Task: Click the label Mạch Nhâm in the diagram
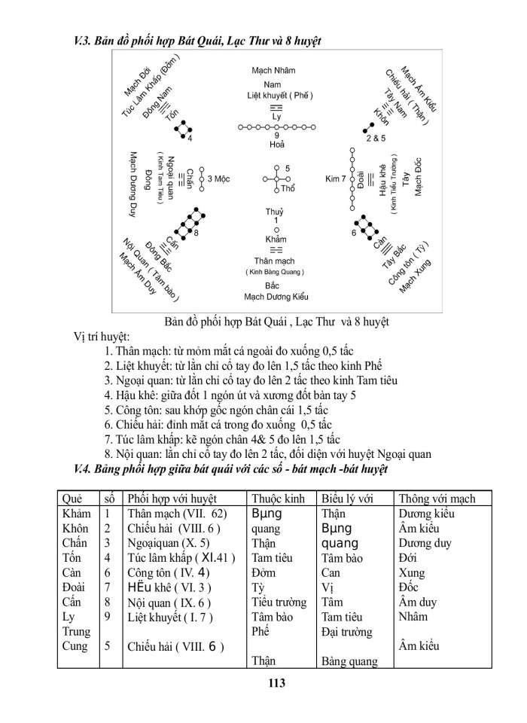pos(274,70)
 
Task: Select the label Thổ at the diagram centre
pos(288,187)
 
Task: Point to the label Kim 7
pos(336,178)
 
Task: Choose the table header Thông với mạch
pos(437,499)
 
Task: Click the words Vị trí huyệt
pos(102,335)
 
